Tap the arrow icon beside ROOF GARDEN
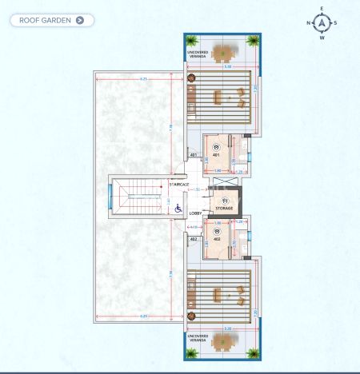tap(79, 20)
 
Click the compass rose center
tap(322, 22)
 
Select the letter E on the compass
tap(322, 8)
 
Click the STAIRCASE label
tap(179, 184)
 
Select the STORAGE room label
tap(224, 208)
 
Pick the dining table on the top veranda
tap(223, 52)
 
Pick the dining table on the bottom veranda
tap(223, 341)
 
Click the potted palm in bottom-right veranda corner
tap(254, 352)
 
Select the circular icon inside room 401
tap(217, 146)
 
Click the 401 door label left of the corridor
tap(193, 155)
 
